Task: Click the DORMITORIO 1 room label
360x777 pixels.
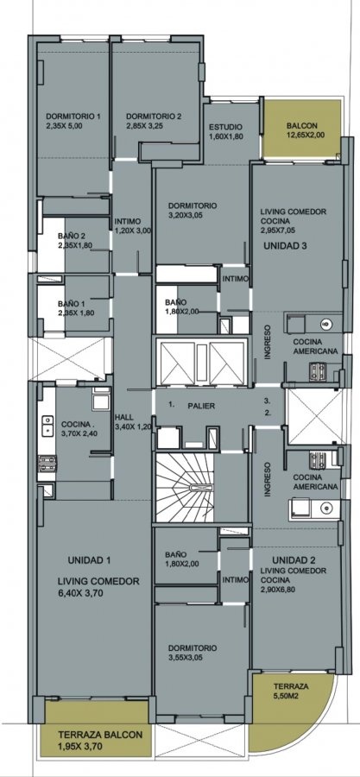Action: [73, 121]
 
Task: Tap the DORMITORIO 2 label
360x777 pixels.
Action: [154, 121]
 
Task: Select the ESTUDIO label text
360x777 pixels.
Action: [226, 131]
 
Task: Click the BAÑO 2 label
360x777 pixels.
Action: [75, 240]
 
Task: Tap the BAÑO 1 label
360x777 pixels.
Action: [76, 307]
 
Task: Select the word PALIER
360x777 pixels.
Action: [201, 406]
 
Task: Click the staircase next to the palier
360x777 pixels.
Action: [184, 488]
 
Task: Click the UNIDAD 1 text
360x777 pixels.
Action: [89, 560]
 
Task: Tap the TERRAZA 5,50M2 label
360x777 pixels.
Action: [291, 691]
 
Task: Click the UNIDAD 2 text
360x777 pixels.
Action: [294, 560]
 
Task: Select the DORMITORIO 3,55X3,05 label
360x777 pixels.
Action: [193, 653]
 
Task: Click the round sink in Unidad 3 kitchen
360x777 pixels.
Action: [325, 324]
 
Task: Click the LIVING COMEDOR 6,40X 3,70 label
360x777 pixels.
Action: [98, 587]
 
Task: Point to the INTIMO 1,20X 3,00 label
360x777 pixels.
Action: [132, 226]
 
